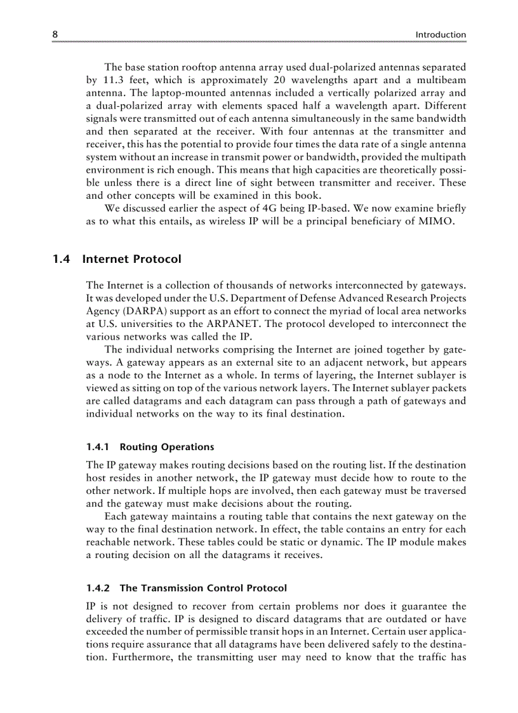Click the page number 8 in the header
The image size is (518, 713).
pos(55,34)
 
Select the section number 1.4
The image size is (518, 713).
pos(61,259)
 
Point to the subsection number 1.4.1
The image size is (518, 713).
pos(98,447)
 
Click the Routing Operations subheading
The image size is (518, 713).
pos(167,447)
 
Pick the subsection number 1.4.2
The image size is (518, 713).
pos(98,588)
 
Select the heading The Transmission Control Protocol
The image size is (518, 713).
pos(203,588)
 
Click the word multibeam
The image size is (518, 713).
pos(443,80)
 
